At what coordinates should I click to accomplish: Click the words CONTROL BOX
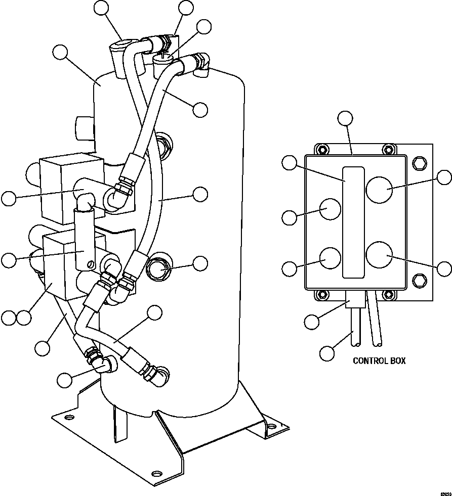tap(379, 361)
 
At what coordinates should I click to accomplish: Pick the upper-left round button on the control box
tap(328, 209)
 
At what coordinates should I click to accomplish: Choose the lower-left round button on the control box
tap(328, 257)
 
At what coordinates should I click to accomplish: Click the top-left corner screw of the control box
tap(320, 149)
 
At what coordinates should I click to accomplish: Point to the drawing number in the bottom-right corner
tap(444, 491)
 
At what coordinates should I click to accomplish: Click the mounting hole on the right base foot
tap(273, 426)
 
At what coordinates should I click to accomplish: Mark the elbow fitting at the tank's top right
tap(203, 65)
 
